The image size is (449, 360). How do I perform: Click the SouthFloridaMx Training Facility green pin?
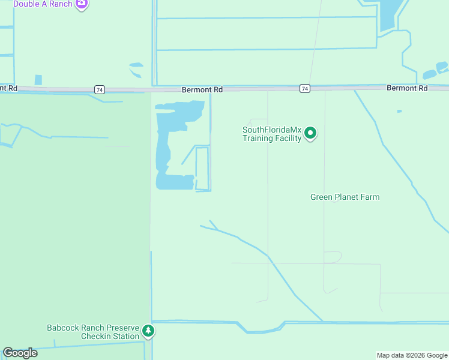coord(310,133)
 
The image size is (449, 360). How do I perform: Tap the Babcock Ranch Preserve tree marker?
coord(148,330)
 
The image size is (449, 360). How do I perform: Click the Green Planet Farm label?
coord(345,197)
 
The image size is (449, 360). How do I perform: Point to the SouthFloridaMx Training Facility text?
coord(271,134)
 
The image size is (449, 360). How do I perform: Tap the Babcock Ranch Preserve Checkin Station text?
coord(93,332)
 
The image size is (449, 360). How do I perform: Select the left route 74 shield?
coord(99,89)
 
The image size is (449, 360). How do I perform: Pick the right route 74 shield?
coord(305,89)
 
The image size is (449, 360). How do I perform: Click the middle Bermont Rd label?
coord(202,89)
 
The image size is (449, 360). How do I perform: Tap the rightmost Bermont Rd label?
coord(407,88)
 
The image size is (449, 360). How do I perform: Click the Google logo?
coord(20,353)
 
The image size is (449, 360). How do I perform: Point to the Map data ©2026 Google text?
coord(412,355)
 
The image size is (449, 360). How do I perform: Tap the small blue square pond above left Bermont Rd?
coord(38,80)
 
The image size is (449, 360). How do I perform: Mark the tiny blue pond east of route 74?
coord(399,111)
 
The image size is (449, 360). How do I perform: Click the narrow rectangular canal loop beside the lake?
coord(202,169)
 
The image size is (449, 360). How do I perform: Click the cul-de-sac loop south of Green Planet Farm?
coord(333,257)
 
